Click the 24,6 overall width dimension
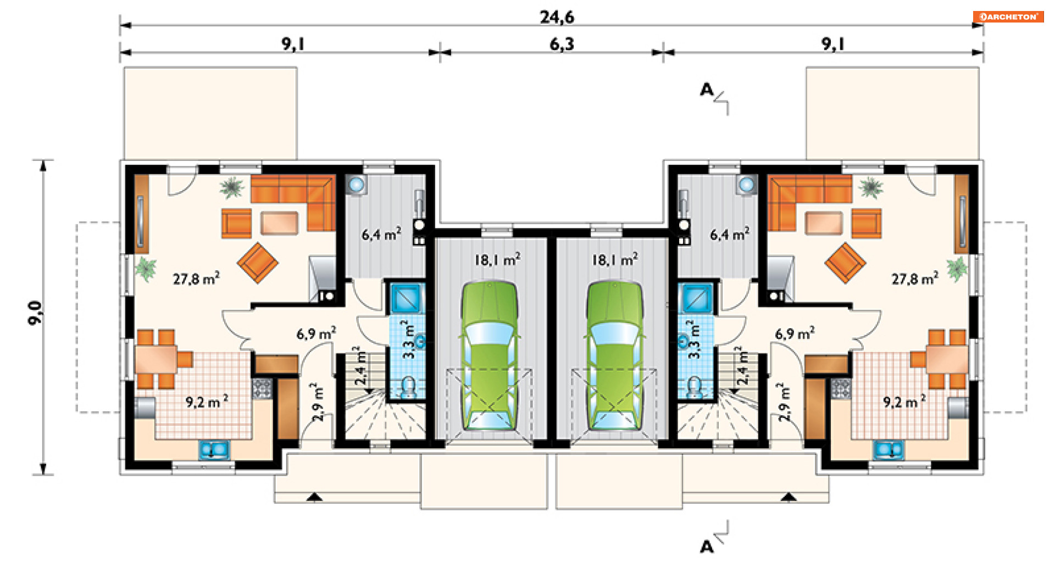click(557, 17)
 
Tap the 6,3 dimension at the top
click(562, 44)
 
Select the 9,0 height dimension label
click(35, 313)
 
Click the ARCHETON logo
click(1008, 16)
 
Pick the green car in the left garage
click(490, 356)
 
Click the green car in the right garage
click(614, 356)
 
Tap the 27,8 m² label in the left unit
click(196, 278)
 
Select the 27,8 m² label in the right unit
click(915, 278)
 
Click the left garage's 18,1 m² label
click(497, 259)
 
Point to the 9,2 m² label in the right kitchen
click(904, 402)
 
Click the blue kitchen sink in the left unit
click(214, 450)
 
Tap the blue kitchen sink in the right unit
click(888, 450)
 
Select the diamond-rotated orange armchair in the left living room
click(257, 263)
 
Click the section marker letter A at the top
click(706, 90)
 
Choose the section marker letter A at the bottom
click(707, 547)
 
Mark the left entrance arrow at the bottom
click(314, 497)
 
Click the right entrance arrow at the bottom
click(789, 497)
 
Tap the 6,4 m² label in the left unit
click(381, 235)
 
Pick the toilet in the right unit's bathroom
click(695, 387)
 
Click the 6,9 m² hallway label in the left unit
click(316, 333)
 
